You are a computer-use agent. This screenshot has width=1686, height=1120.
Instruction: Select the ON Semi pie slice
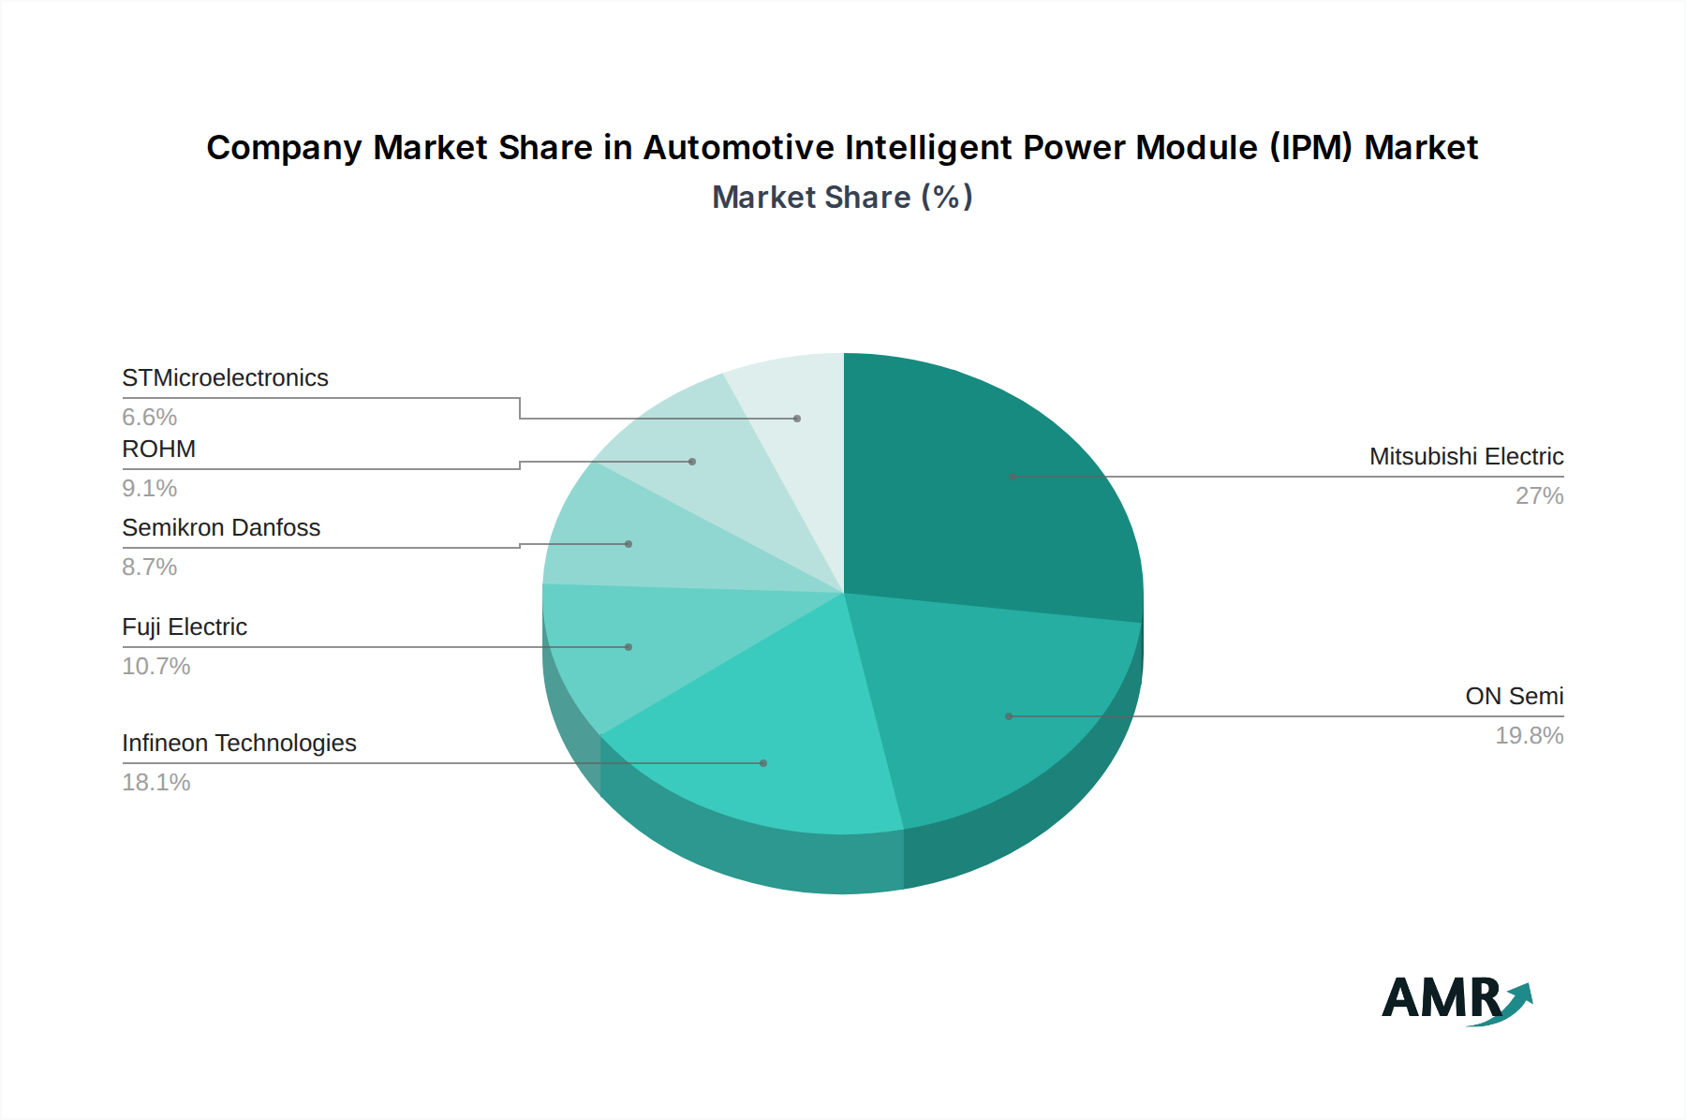coord(1002,712)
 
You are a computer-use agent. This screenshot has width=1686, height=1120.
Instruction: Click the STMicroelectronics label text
coord(225,377)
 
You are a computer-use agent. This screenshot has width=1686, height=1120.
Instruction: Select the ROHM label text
coord(158,449)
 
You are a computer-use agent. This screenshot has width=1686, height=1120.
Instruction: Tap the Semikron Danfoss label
coord(221,527)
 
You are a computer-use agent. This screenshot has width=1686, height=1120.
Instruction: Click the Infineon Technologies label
coord(239,743)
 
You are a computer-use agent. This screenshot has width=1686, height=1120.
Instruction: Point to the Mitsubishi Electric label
coord(1466,456)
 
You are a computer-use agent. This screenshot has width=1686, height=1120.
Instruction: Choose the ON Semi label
coord(1514,696)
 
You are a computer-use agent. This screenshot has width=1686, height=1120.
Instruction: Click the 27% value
coord(1539,495)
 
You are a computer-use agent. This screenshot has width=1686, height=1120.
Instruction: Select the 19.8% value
coord(1529,735)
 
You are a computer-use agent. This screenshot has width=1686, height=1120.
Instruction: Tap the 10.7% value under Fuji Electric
coord(155,666)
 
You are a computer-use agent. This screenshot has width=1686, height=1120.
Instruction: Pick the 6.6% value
coord(149,417)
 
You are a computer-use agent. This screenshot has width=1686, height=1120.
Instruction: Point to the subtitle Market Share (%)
coord(842,197)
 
